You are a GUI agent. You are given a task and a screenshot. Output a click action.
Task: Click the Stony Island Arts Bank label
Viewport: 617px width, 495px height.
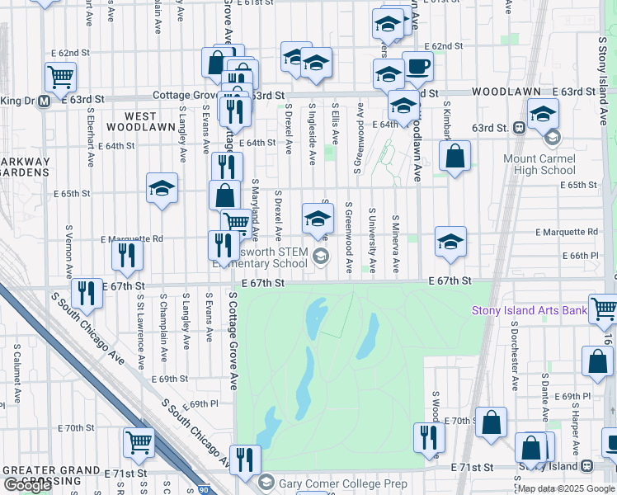click(x=529, y=311)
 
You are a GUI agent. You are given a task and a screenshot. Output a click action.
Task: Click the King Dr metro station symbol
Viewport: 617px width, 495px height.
click(x=44, y=101)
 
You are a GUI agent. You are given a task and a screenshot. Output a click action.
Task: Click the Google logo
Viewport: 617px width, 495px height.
click(x=27, y=485)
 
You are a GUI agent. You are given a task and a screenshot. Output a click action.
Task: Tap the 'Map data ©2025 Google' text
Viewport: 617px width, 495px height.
click(x=565, y=488)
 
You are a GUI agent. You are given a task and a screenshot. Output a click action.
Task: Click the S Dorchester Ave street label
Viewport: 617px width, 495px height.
click(x=513, y=356)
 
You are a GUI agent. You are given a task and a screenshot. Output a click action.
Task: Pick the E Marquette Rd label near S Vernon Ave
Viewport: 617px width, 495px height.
click(x=132, y=239)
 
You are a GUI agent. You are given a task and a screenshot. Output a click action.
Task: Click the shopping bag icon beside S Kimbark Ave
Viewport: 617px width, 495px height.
click(x=455, y=157)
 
